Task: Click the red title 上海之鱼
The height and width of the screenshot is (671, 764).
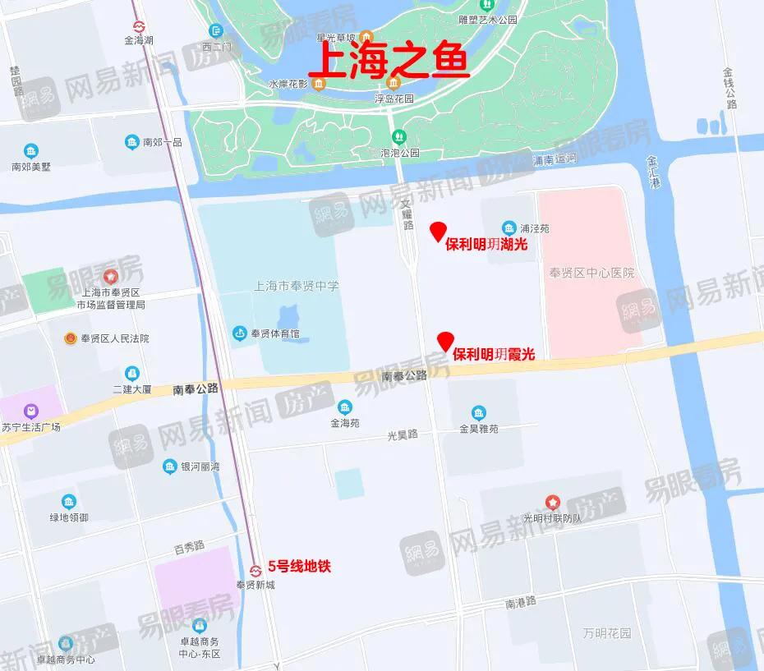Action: [393, 62]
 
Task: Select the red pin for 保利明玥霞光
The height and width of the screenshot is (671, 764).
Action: [445, 341]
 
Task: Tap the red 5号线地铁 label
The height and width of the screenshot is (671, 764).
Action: [300, 566]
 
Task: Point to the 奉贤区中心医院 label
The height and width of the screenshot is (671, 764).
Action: [593, 273]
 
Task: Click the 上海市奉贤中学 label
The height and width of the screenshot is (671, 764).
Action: [297, 286]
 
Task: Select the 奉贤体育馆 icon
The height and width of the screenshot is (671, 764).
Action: [239, 333]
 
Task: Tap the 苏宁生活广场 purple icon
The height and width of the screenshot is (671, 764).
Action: [30, 410]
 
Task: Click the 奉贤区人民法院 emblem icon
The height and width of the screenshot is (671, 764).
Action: [71, 338]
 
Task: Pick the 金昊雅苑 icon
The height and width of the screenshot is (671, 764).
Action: [479, 412]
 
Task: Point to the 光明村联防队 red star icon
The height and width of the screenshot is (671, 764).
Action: [553, 502]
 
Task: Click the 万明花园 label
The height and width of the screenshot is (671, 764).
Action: [607, 633]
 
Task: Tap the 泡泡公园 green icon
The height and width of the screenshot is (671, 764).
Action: [398, 136]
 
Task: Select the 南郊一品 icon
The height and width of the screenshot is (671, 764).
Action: [131, 142]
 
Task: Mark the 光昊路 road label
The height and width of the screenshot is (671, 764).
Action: [403, 434]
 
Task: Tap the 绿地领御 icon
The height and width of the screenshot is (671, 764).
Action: [68, 501]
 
